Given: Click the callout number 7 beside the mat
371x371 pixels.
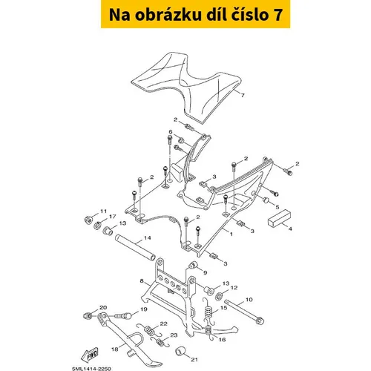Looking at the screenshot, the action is pyautogui.click(x=243, y=95).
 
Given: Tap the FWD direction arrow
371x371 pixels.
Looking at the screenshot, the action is pyautogui.click(x=90, y=355).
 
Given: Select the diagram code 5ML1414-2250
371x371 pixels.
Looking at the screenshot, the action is pyautogui.click(x=91, y=369).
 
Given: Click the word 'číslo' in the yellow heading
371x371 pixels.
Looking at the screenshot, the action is pyautogui.click(x=245, y=15).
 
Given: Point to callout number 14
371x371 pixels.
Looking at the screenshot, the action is pyautogui.click(x=147, y=238).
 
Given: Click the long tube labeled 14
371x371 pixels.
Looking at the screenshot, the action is pyautogui.click(x=135, y=247).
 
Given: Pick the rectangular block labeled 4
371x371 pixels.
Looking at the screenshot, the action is pyautogui.click(x=279, y=218).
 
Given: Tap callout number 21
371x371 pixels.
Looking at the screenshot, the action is pyautogui.click(x=194, y=359).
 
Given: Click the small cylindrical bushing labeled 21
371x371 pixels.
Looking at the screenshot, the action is pyautogui.click(x=180, y=352).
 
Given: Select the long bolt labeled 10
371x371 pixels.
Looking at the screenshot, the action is pyautogui.click(x=244, y=312).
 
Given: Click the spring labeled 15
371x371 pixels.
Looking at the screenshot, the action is pyautogui.click(x=209, y=311).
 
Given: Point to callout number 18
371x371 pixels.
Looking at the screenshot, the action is pyautogui.click(x=115, y=349).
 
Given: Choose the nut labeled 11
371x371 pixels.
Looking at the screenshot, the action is pyautogui.click(x=88, y=219).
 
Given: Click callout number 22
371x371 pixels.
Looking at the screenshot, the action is pyautogui.click(x=163, y=324).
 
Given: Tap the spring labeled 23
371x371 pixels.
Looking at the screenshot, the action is pyautogui.click(x=161, y=342).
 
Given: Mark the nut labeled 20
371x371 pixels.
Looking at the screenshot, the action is pyautogui.click(x=87, y=315).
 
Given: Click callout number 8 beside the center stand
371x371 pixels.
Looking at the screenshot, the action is pyautogui.click(x=142, y=281).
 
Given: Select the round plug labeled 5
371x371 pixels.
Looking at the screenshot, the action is pyautogui.click(x=266, y=200).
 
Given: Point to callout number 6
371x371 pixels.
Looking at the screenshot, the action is pyautogui.click(x=171, y=131).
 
